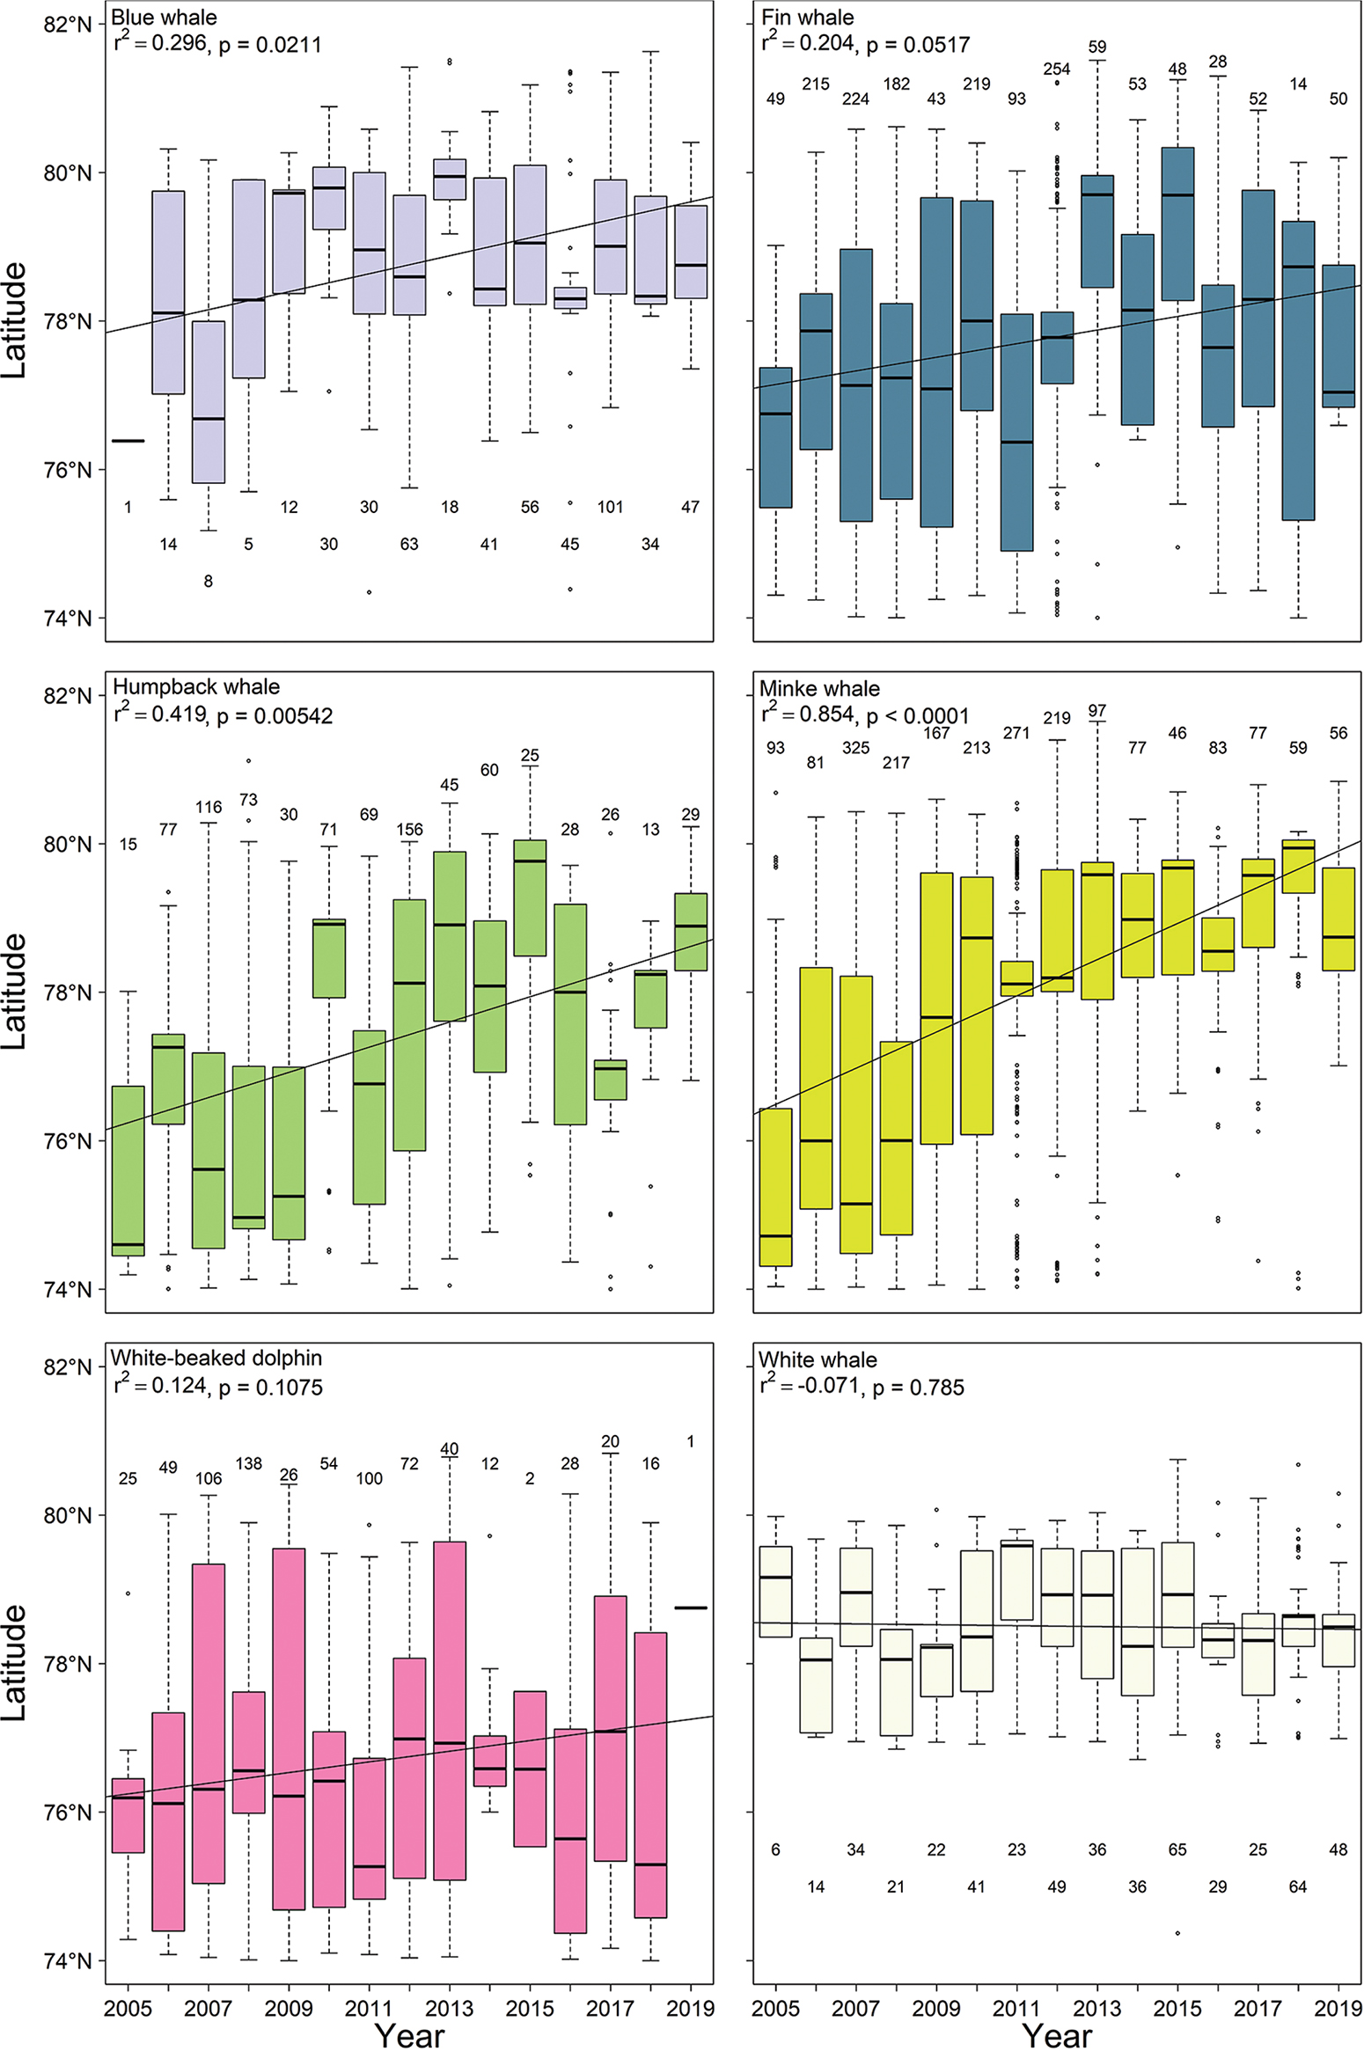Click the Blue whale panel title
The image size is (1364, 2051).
(x=164, y=18)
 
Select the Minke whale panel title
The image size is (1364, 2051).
(x=818, y=688)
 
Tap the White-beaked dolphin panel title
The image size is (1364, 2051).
(x=216, y=1358)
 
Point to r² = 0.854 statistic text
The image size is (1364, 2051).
(x=808, y=714)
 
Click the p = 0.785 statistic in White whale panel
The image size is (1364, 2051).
(x=918, y=1388)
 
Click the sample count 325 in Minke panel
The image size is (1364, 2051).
(x=855, y=748)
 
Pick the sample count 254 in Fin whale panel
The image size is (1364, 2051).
(x=1056, y=70)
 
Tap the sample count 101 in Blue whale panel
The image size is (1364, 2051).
(x=610, y=507)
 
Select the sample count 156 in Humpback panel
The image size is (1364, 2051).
(x=409, y=830)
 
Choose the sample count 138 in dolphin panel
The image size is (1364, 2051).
(x=248, y=1463)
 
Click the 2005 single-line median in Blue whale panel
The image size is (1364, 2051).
(x=128, y=441)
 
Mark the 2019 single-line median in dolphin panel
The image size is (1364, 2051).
(x=691, y=1608)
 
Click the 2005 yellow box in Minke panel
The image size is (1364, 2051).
(x=775, y=1187)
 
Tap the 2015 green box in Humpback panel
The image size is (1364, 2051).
(x=530, y=897)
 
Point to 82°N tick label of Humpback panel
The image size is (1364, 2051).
(x=68, y=696)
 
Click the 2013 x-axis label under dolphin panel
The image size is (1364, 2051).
(x=449, y=2008)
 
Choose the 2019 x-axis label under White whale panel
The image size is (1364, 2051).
(x=1338, y=2008)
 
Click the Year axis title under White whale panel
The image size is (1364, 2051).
(x=1056, y=2035)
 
